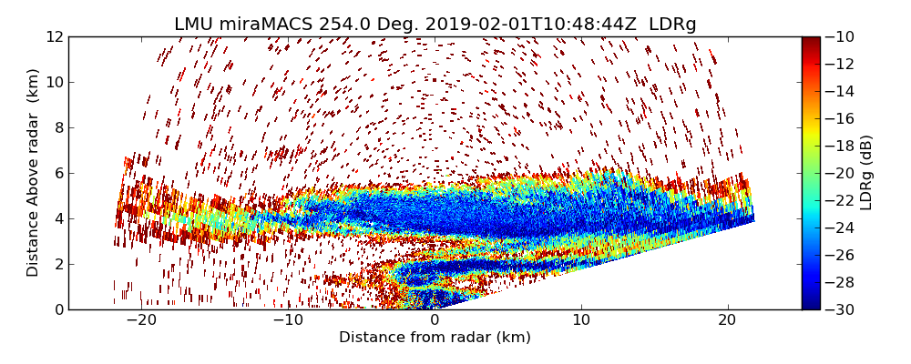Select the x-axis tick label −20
[x=141, y=320]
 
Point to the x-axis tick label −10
[x=288, y=320]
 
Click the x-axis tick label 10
[x=581, y=320]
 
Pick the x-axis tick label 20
[x=727, y=320]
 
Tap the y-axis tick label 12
[x=54, y=37]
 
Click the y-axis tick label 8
[x=57, y=128]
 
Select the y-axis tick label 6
[x=57, y=174]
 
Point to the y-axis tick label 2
[x=57, y=265]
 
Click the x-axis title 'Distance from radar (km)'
[x=435, y=338]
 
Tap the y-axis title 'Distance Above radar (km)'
[x=34, y=173]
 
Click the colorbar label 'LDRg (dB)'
[x=866, y=173]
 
